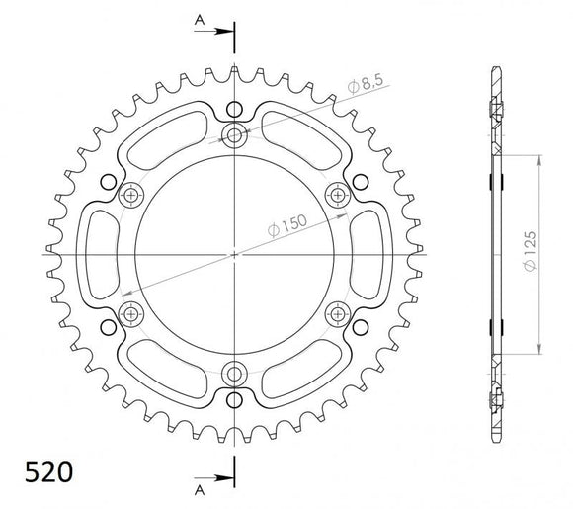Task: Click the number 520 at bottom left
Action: (46, 469)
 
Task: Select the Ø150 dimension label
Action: (286, 230)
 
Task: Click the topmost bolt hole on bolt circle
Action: (235, 136)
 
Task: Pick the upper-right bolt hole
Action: (339, 196)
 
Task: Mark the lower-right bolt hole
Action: (339, 315)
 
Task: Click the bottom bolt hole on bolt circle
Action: (235, 375)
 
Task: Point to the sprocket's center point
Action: (235, 255)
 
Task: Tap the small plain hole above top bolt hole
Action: (235, 108)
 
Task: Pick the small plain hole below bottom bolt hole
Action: (235, 401)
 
